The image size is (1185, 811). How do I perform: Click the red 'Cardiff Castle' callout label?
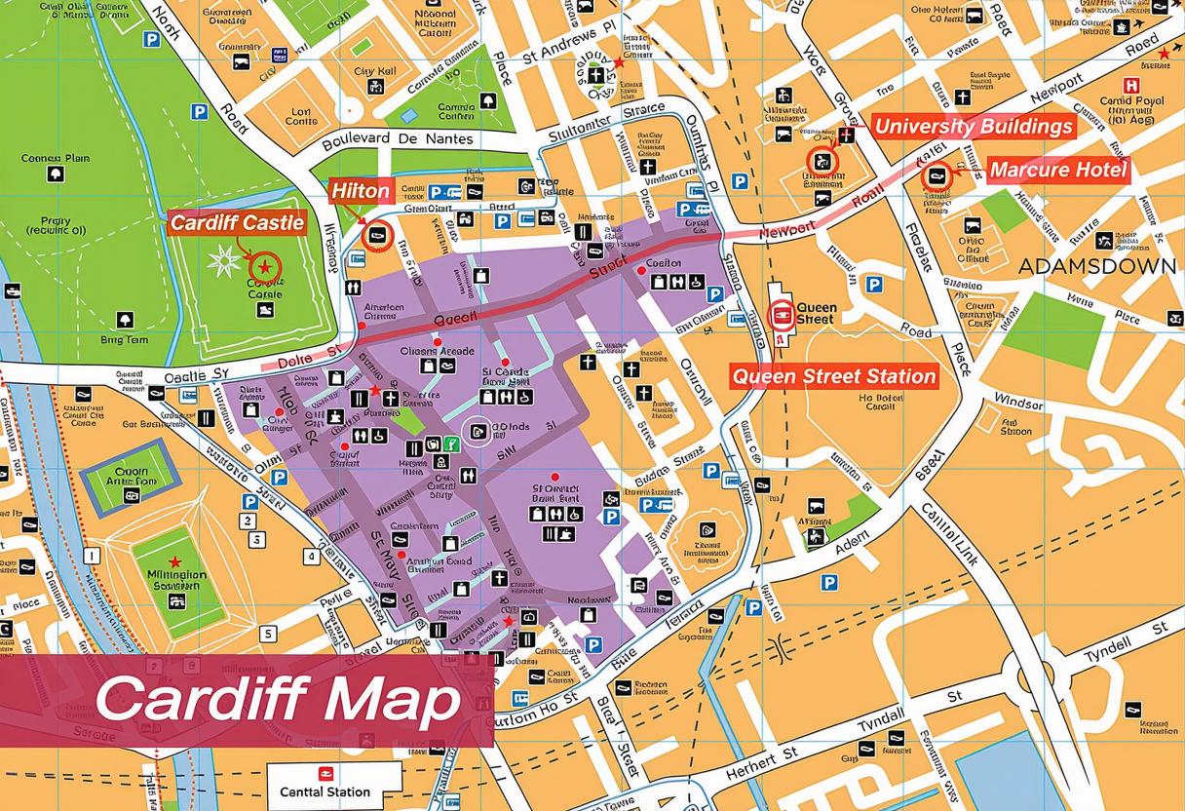(238, 222)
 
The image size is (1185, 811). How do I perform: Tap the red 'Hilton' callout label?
(361, 191)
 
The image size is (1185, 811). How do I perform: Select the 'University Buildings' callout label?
(973, 127)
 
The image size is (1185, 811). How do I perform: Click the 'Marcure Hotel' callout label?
(1058, 171)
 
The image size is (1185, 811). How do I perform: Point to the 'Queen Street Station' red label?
(833, 376)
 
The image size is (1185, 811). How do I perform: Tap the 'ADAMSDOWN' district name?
(1096, 266)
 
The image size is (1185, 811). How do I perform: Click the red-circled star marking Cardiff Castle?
(264, 266)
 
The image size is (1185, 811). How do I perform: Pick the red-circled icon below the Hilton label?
(376, 235)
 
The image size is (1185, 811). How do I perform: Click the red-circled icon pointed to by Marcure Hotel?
(937, 176)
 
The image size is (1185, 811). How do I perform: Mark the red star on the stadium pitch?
(174, 561)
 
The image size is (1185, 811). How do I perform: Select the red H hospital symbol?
(1131, 86)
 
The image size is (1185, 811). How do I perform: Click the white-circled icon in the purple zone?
(477, 431)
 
